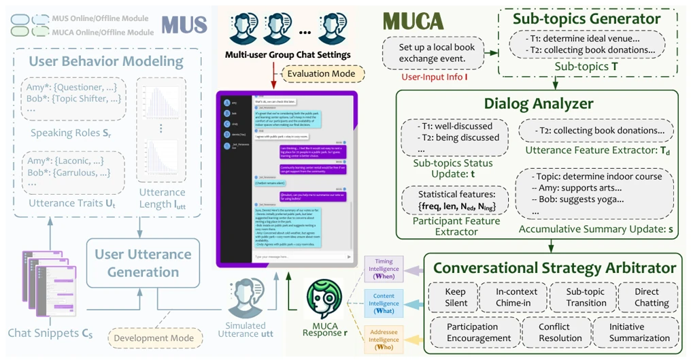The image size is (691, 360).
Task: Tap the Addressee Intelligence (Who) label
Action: click(x=384, y=338)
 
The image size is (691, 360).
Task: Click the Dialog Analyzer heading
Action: click(x=539, y=103)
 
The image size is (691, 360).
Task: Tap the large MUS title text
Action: click(x=184, y=25)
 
